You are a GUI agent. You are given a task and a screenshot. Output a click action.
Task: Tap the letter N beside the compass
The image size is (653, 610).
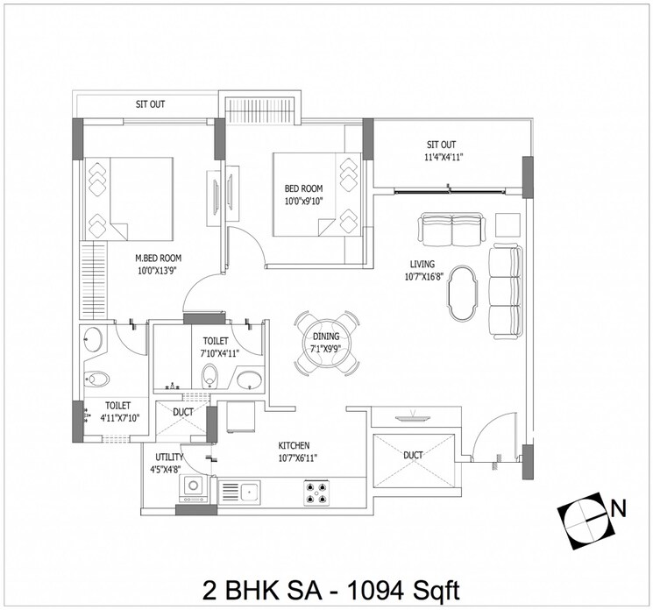coord(618,506)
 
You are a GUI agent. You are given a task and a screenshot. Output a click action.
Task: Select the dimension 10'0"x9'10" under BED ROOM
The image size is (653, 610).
coord(303,202)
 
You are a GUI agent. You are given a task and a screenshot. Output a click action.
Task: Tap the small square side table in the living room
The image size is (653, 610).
coord(507,223)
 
